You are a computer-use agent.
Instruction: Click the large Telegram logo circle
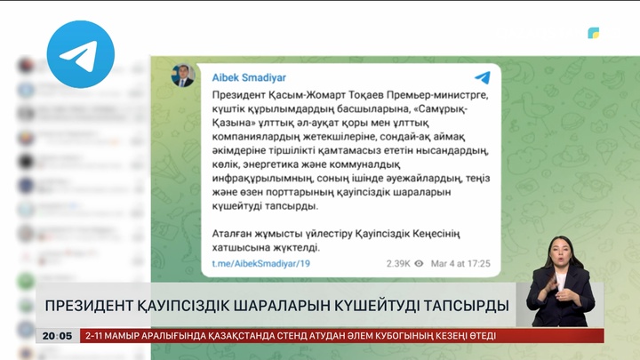81,54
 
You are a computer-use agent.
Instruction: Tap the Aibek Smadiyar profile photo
183,76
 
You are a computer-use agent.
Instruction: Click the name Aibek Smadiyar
249,78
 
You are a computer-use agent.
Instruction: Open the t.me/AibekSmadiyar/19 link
260,264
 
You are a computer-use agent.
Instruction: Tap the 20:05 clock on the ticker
57,336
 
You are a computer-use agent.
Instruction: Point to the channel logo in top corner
593,33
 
